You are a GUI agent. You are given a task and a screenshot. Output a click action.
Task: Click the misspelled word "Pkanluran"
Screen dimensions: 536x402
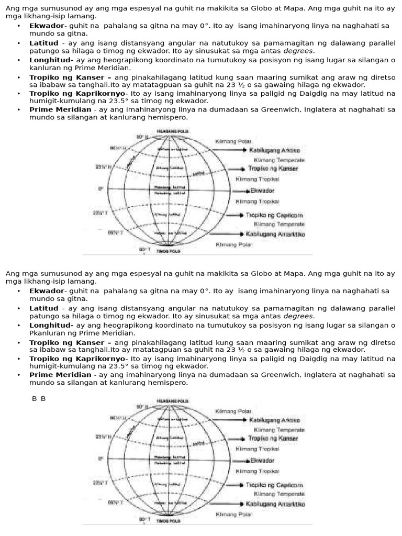[47, 333]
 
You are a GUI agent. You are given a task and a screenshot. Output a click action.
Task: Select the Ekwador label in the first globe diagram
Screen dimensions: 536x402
[262, 191]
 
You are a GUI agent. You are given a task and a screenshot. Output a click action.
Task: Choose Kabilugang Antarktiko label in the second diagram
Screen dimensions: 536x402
[275, 504]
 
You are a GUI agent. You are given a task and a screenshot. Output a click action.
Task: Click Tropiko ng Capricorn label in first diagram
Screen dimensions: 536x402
[275, 215]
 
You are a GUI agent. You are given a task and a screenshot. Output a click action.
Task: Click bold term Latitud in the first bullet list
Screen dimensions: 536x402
[44, 43]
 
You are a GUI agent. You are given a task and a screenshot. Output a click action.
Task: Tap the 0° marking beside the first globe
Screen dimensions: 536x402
[100, 189]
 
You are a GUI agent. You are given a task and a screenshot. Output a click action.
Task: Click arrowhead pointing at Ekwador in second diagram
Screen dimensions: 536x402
[247, 461]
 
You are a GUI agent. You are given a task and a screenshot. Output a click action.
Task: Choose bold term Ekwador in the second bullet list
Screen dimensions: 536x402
[46, 291]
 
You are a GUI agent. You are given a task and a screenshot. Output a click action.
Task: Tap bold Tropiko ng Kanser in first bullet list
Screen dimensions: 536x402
[66, 77]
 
